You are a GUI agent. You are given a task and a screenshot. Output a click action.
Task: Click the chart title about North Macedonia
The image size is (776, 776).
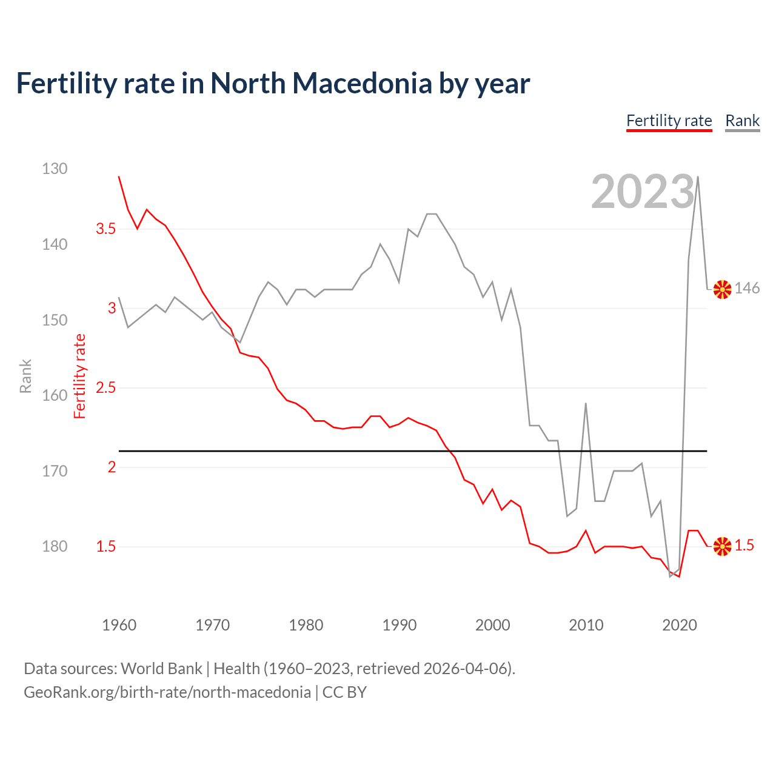pos(273,83)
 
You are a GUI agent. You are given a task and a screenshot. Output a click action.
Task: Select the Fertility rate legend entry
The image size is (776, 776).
pos(669,121)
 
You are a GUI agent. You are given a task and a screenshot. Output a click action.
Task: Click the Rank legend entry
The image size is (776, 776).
pos(742,121)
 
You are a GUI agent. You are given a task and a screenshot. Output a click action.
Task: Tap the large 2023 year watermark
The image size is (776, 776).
pos(643,192)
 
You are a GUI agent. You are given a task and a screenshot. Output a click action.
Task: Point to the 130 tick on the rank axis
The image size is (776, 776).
pos(55,169)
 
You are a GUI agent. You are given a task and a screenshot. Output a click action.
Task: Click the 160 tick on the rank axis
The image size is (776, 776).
pos(55,395)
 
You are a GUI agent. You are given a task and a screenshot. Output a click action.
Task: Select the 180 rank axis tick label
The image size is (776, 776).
pos(55,546)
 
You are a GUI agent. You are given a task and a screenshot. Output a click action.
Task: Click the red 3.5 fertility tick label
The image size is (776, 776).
pos(105,229)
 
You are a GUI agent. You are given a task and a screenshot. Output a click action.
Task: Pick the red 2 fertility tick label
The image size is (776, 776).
pos(112,467)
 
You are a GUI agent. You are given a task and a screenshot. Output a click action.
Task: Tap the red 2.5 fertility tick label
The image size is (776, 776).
pos(105,387)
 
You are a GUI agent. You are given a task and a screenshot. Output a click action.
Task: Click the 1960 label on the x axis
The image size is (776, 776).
pos(119,625)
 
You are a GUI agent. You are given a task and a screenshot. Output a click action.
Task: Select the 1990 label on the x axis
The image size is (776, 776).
pos(399,625)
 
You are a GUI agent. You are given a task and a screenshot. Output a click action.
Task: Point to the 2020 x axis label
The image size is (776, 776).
pos(679,625)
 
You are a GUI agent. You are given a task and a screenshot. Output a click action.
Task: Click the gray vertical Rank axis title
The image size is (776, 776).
pos(25,376)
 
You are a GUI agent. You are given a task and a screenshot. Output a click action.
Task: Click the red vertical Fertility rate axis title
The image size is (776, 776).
pos(80,376)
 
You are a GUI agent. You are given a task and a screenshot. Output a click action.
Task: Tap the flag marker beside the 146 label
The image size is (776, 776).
pos(722,289)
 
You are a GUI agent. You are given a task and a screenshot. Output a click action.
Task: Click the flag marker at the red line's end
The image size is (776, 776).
pos(722,546)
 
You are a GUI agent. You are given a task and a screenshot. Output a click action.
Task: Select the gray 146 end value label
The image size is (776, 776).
pos(747,289)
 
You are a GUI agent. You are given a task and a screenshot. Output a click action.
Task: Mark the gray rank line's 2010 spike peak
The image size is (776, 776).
pos(586,403)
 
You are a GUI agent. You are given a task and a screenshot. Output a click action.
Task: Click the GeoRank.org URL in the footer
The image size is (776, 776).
pos(167,692)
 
